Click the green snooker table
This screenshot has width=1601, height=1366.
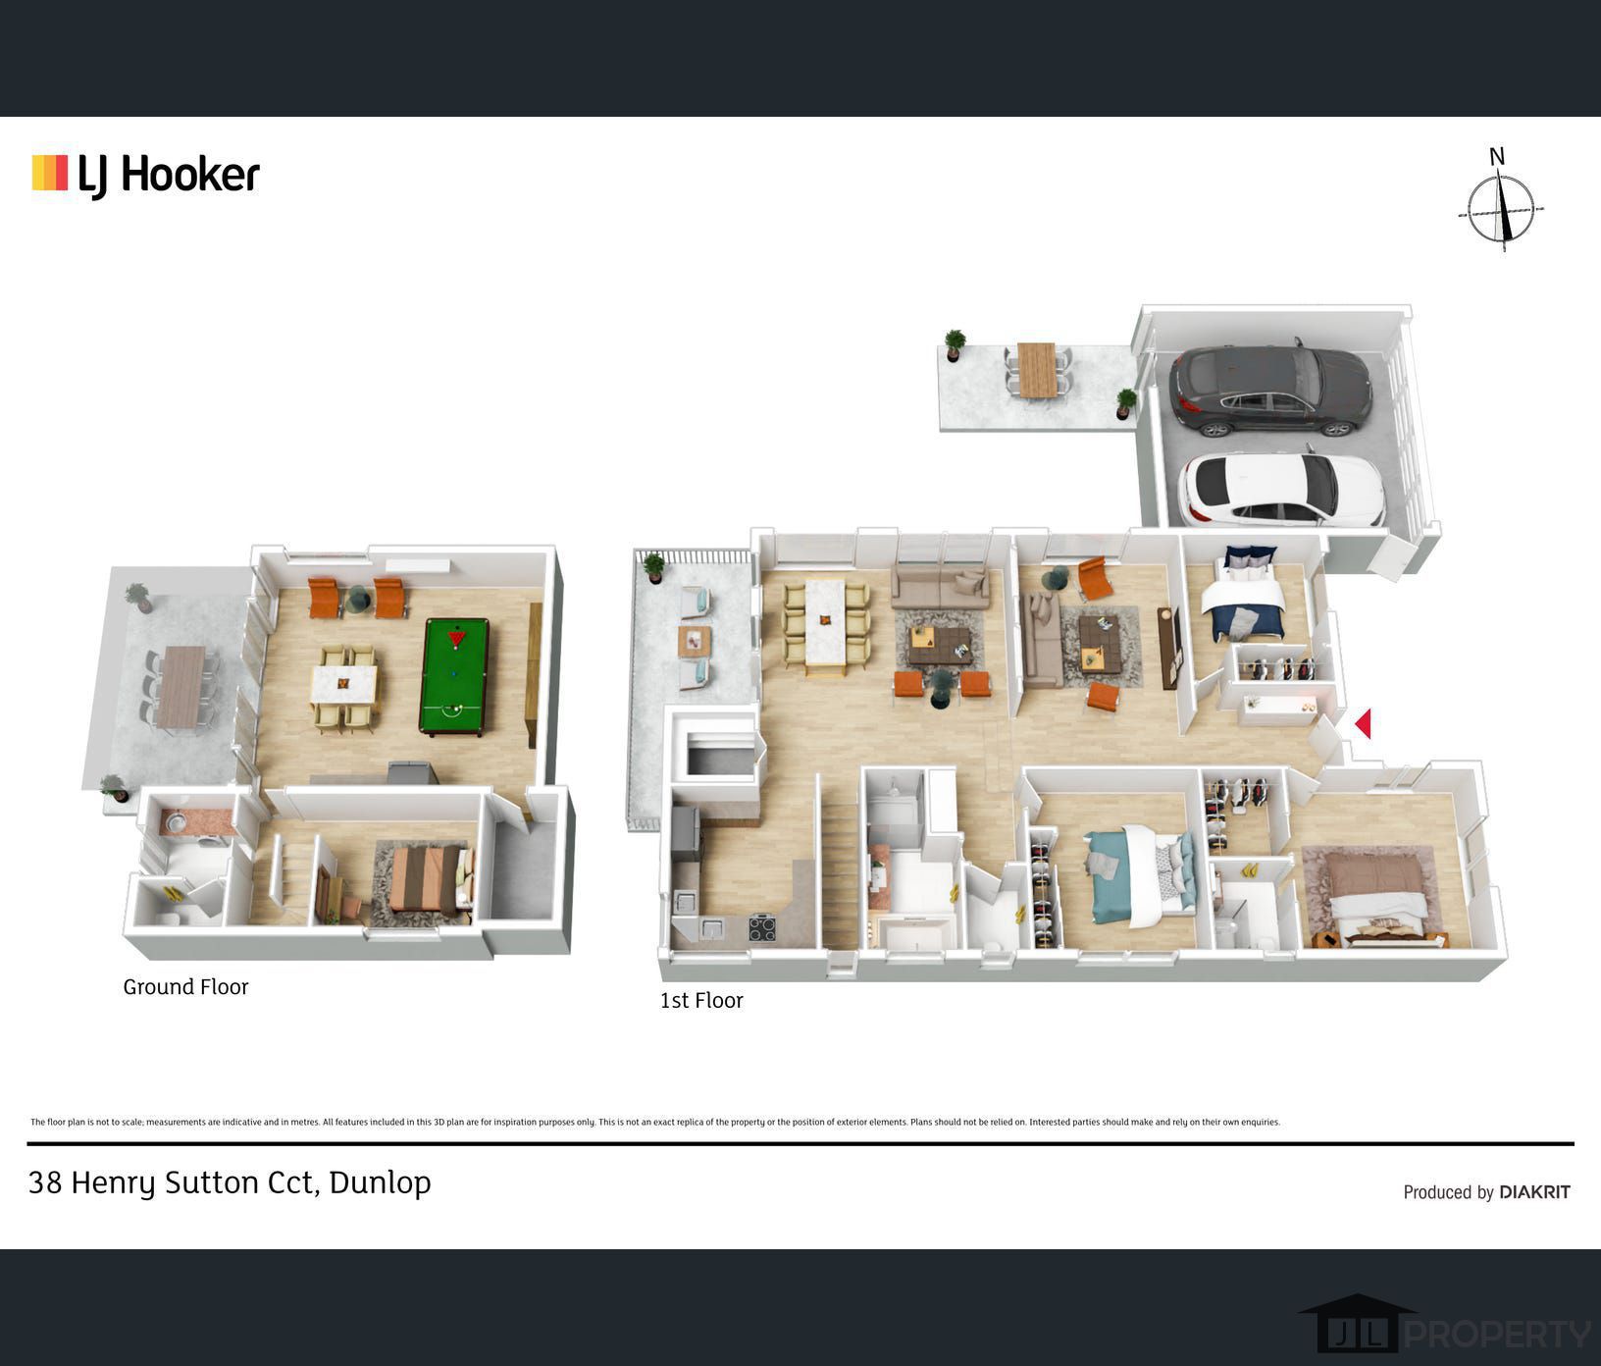[453, 675]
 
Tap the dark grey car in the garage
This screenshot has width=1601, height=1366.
[1269, 390]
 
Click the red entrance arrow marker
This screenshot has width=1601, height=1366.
[1363, 724]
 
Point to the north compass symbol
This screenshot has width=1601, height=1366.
[1501, 207]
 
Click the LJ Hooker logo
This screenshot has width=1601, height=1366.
[146, 176]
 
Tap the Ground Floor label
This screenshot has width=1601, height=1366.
[185, 987]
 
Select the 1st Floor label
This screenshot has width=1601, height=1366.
[700, 1001]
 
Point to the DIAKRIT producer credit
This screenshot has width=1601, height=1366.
[1486, 1192]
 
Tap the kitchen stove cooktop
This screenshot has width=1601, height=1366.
[762, 927]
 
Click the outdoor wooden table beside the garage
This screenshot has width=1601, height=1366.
[1037, 370]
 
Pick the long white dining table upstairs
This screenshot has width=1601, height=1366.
[825, 626]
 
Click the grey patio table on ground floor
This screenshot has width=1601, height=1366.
[181, 687]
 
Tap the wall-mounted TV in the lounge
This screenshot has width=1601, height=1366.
[1167, 649]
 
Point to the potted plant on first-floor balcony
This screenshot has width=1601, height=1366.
[653, 567]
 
